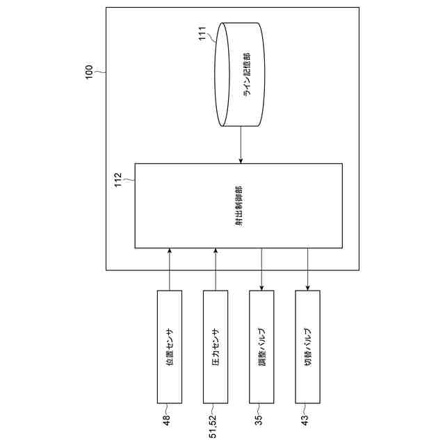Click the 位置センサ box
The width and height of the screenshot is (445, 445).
point(170,346)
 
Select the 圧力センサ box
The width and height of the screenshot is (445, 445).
point(216,346)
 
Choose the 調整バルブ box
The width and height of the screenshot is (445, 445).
point(261,346)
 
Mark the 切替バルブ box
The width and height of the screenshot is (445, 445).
point(307,346)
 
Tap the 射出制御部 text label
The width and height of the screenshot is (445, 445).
point(238,206)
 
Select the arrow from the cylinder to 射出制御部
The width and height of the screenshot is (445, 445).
point(241,145)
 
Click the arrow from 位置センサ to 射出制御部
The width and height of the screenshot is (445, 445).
point(170,269)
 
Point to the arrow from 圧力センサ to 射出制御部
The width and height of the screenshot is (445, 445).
point(216,269)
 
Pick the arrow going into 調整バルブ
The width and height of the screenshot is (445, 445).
point(261,269)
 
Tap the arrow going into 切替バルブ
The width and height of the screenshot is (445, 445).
point(307,269)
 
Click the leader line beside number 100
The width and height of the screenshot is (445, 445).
point(99,71)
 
